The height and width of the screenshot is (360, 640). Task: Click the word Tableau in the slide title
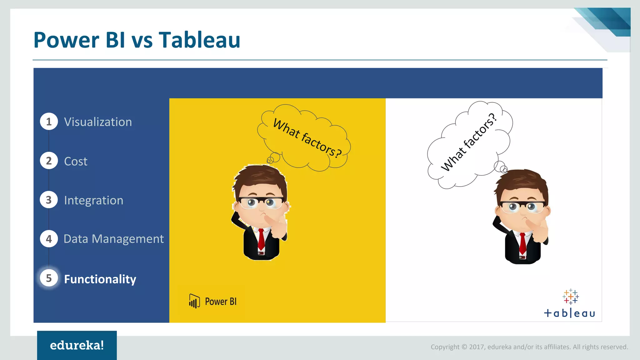point(199,40)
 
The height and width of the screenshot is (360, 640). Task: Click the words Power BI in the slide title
point(79,40)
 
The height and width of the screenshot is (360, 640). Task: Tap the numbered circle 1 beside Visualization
point(49,122)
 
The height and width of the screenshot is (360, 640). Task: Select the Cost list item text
point(76,161)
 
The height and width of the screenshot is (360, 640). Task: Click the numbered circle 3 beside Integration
point(49,200)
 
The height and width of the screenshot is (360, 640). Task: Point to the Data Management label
point(113,239)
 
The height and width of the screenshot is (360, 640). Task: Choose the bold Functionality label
point(100,279)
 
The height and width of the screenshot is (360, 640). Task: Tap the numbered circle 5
point(49,278)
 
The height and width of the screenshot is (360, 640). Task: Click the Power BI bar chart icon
point(194,301)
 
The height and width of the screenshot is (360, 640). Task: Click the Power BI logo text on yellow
point(221,302)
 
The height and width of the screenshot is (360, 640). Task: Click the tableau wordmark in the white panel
point(569,313)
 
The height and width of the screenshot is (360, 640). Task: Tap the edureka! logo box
point(77,345)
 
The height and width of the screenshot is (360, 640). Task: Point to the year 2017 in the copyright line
point(477,347)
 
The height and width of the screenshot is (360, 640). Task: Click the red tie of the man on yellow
point(261,239)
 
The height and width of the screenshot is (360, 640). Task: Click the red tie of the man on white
point(522,243)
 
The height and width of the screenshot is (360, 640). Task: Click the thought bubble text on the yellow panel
point(307,138)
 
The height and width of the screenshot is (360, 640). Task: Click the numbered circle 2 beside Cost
point(49,161)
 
